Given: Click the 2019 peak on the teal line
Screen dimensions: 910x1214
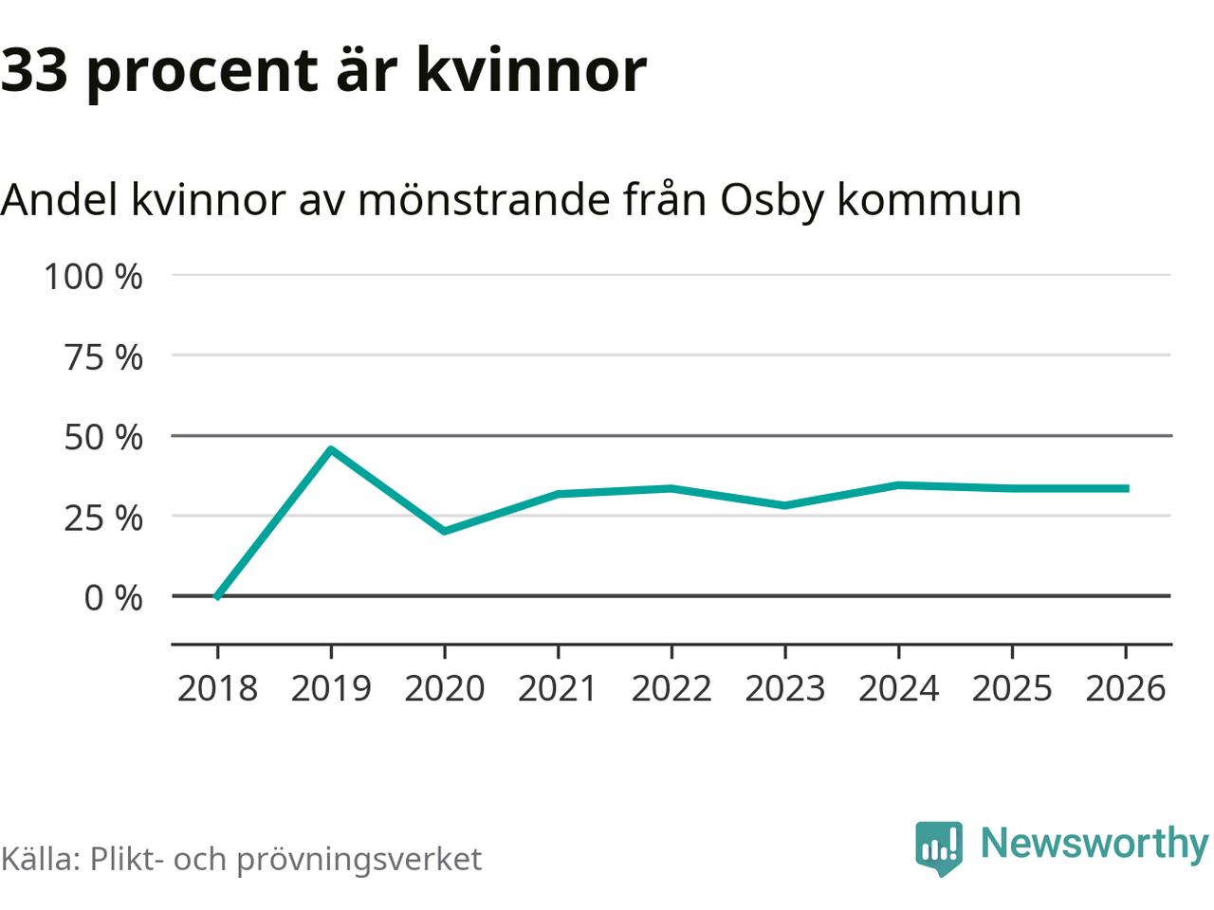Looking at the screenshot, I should pos(330,448).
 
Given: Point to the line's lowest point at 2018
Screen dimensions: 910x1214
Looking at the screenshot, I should pos(217,596).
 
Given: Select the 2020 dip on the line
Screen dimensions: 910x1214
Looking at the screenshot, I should pos(444,531).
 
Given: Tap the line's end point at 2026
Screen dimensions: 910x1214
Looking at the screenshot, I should pos(1125,488).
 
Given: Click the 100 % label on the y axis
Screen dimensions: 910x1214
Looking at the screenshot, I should pos(93,277).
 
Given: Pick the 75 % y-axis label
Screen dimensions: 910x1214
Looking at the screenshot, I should pos(103,357).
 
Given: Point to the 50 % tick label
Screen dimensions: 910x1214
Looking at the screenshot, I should pos(103,437).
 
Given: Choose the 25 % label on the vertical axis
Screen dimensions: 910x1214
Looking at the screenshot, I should pos(103,518).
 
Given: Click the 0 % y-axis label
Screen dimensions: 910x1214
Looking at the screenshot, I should pos(113,598).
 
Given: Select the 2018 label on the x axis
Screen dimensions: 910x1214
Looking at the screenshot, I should pos(217,688).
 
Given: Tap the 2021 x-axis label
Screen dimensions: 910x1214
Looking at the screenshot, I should pos(558,688).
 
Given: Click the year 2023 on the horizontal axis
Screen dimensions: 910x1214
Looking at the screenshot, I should pos(784,688).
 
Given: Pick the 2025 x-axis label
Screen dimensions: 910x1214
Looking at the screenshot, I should pos(1012,688).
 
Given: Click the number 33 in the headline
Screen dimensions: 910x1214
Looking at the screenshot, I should pos(34,70).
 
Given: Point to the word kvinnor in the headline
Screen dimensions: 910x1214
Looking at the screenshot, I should pos(531,70).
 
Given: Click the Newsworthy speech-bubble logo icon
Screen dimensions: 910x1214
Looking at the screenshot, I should pos(939,846).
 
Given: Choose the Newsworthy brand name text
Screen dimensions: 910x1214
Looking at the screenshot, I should pos(1094,843).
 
